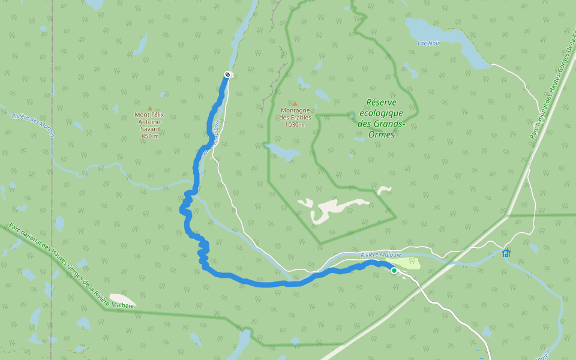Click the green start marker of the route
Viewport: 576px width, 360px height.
coord(394,271)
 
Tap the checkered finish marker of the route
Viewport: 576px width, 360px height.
coord(227,74)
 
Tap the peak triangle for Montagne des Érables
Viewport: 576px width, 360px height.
coord(295,104)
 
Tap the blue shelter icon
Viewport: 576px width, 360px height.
coord(507,253)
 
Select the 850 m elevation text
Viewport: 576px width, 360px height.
coord(150,136)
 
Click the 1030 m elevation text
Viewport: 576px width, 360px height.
coord(295,125)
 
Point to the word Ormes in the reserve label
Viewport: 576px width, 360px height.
coord(382,134)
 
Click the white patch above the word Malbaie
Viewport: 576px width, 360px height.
coord(122,299)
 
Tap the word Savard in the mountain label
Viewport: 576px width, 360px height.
coord(150,129)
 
